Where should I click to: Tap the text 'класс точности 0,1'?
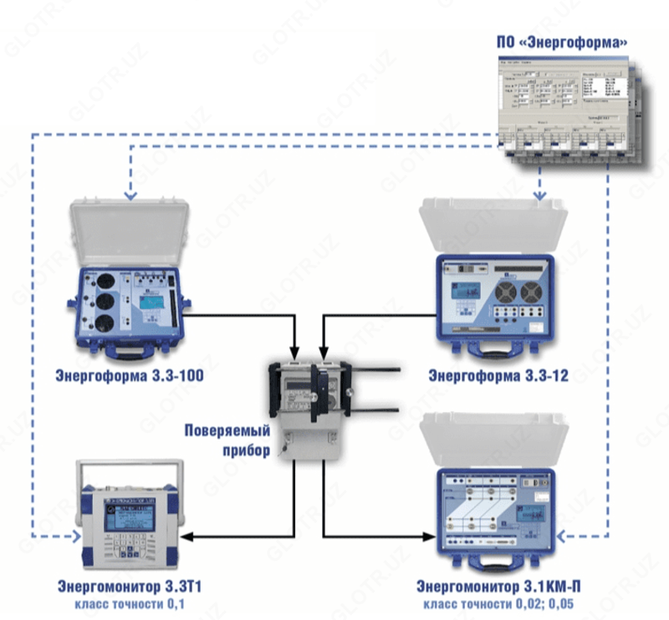pyautogui.click(x=130, y=603)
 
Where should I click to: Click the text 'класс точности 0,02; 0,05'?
pyautogui.click(x=498, y=603)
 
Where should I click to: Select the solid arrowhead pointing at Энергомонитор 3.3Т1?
pyautogui.click(x=186, y=536)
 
